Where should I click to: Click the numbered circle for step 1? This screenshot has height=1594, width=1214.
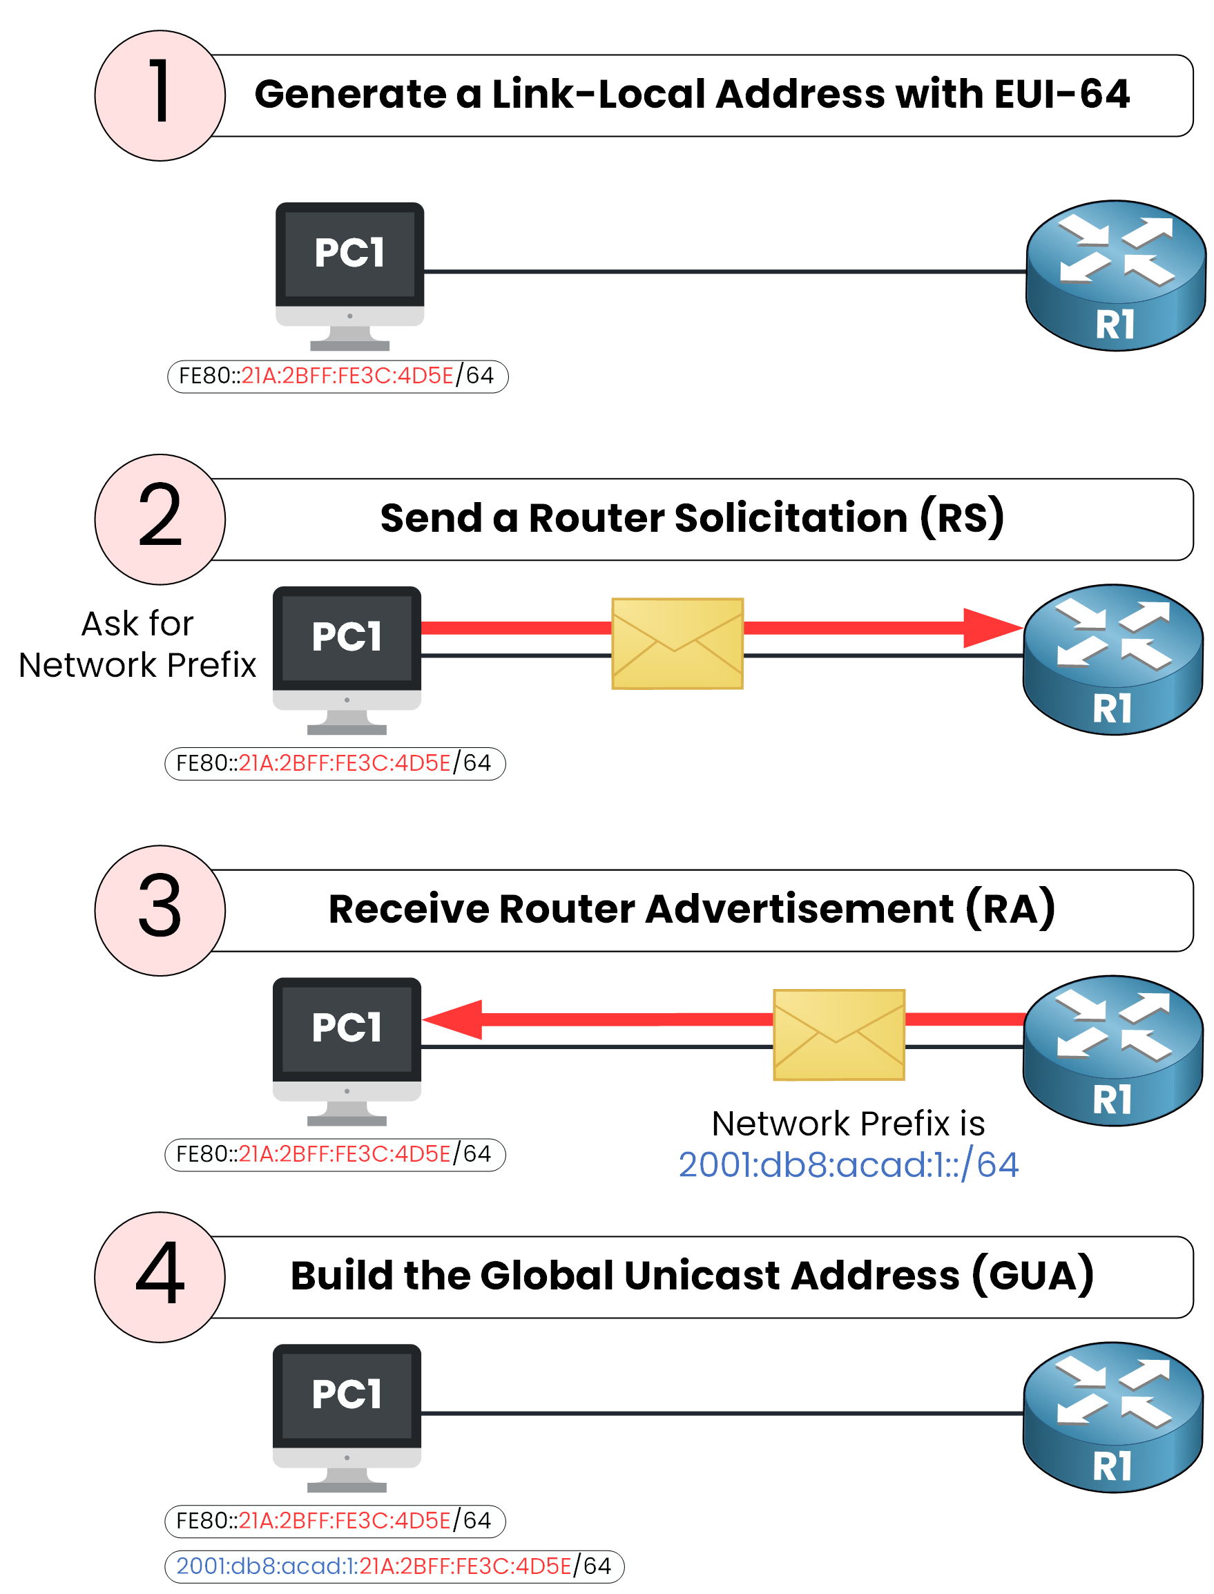[x=160, y=95]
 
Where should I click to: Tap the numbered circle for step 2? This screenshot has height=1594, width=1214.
[x=160, y=519]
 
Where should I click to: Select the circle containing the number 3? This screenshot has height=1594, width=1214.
[x=160, y=910]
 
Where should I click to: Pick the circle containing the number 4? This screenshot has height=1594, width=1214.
[x=160, y=1276]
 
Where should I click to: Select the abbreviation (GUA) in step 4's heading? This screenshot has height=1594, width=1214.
[x=1032, y=1276]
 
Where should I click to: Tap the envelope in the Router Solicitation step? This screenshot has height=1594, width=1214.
[x=677, y=643]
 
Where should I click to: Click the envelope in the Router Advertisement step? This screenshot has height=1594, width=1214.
[x=838, y=1034]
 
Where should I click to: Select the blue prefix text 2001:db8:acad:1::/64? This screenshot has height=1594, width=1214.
[x=849, y=1164]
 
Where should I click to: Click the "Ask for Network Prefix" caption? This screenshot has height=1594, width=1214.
[x=137, y=644]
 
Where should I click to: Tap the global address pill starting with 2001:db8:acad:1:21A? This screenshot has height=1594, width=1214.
[x=394, y=1566]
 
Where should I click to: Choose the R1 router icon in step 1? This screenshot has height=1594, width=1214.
[x=1115, y=276]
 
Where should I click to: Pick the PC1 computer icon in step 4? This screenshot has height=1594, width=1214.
[x=347, y=1417]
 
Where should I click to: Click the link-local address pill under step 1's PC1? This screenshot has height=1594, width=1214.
[x=338, y=376]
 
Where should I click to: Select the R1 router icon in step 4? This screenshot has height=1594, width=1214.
[x=1113, y=1417]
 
